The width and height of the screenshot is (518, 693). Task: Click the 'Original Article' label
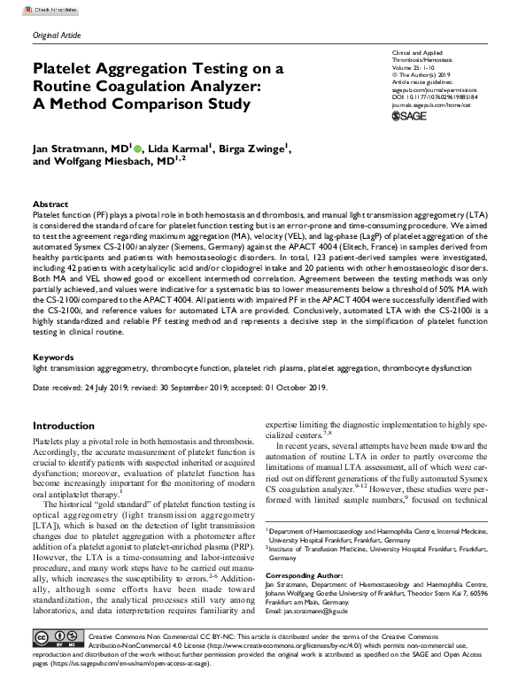(x=57, y=35)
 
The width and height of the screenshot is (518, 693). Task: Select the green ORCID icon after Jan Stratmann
(x=138, y=149)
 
